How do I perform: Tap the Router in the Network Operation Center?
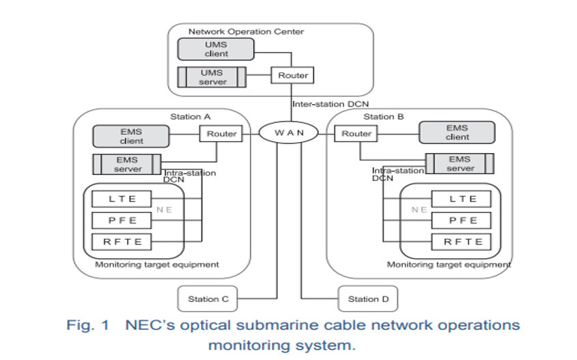[293, 75]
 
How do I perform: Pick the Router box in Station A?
[221, 134]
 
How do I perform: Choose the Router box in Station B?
[356, 134]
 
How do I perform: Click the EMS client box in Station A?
[132, 135]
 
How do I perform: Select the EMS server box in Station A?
[127, 165]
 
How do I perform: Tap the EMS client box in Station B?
[457, 133]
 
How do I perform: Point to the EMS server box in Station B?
[460, 163]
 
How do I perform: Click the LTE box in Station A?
[123, 199]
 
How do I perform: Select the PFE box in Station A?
[123, 221]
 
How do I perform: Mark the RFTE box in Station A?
[123, 241]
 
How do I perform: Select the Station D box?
[368, 299]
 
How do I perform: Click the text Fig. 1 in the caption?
[87, 325]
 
